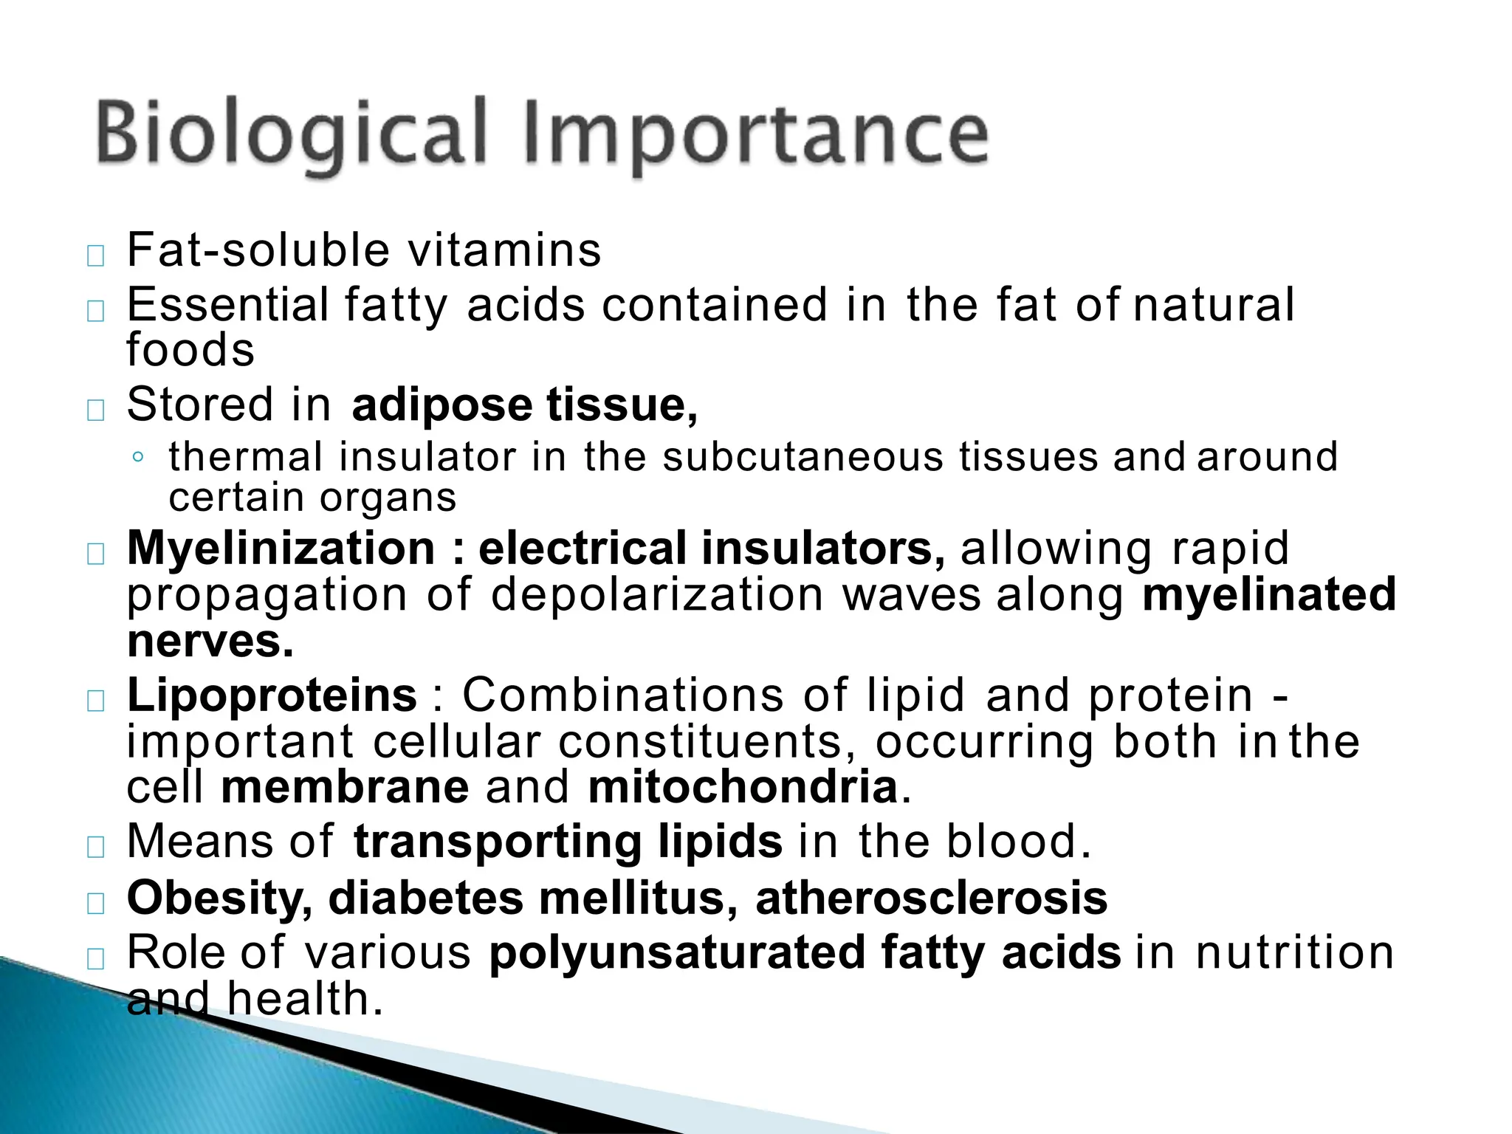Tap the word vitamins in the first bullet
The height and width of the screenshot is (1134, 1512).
(505, 250)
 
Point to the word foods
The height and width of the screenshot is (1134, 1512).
(190, 350)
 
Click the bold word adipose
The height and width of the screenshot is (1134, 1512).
(441, 405)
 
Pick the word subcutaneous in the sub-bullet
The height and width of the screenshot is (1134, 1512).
(803, 457)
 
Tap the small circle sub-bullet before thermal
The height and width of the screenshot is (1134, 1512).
(137, 458)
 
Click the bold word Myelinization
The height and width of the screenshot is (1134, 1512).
(281, 549)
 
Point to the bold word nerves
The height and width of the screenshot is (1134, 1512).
(210, 641)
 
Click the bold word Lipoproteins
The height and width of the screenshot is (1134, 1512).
(272, 695)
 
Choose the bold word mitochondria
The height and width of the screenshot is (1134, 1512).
(743, 787)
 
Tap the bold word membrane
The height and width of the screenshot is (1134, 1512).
(345, 787)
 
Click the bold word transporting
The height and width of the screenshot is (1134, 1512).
(498, 842)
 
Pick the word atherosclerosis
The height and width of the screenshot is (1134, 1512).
(932, 898)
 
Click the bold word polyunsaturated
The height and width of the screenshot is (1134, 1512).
(676, 952)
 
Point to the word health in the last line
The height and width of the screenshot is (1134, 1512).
(305, 999)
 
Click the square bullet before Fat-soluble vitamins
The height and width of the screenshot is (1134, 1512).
(95, 256)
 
